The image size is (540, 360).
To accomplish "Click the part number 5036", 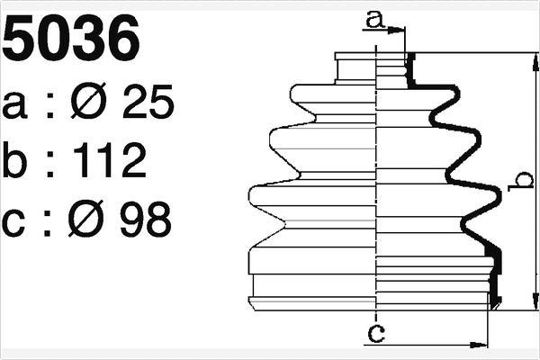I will (x=72, y=39).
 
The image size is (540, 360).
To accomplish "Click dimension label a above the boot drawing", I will (x=376, y=17).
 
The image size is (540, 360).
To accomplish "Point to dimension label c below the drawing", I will (x=377, y=335).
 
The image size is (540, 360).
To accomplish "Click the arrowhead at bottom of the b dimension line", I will (x=535, y=303).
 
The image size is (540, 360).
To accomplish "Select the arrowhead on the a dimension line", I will (x=400, y=29).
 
